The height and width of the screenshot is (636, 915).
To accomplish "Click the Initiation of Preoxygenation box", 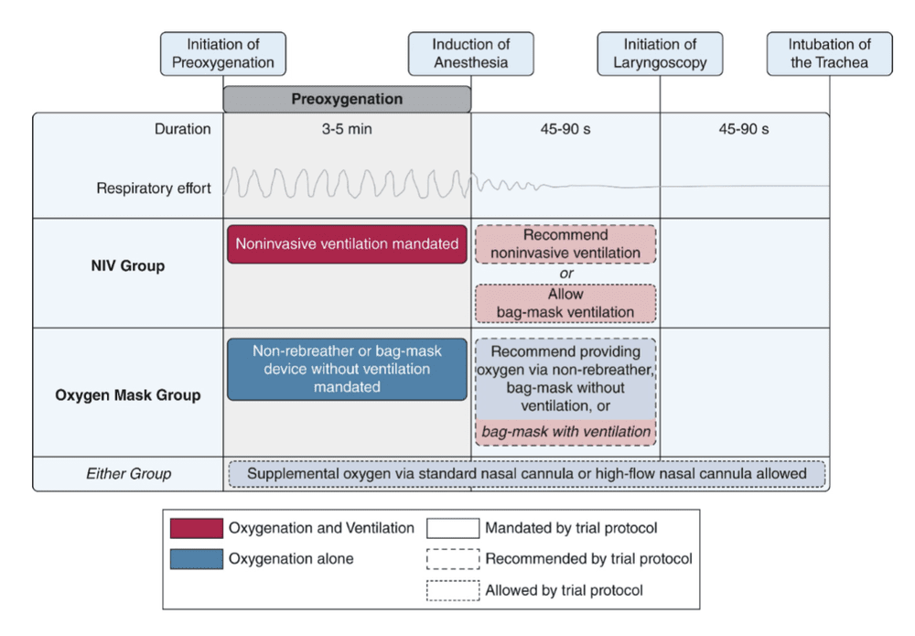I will (223, 54).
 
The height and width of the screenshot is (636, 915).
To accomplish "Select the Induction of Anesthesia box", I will (470, 54).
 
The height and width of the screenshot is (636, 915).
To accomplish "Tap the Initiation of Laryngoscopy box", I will (660, 54).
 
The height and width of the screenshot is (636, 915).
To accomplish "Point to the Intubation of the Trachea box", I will (829, 54).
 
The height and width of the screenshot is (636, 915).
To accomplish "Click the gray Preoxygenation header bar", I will (347, 99).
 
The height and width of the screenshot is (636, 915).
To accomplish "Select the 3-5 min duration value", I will (347, 129).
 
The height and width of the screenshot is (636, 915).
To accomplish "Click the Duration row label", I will (182, 129).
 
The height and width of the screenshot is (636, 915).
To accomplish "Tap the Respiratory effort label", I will (154, 189).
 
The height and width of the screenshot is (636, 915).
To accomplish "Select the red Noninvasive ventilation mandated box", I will (347, 244).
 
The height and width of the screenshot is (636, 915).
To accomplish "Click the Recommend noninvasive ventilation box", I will (565, 244).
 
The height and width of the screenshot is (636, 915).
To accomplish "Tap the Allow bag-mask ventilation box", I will (565, 304).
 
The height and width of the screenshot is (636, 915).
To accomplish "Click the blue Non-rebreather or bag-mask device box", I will (347, 369).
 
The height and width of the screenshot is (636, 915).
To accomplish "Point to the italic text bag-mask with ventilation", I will (565, 432).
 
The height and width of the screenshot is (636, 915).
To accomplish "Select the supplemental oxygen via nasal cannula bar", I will (526, 474).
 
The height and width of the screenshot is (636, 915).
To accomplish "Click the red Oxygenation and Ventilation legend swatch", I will (196, 529).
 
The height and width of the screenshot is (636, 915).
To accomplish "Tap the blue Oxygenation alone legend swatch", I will (196, 559).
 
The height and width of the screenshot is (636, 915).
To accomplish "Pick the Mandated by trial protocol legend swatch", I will (453, 529).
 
